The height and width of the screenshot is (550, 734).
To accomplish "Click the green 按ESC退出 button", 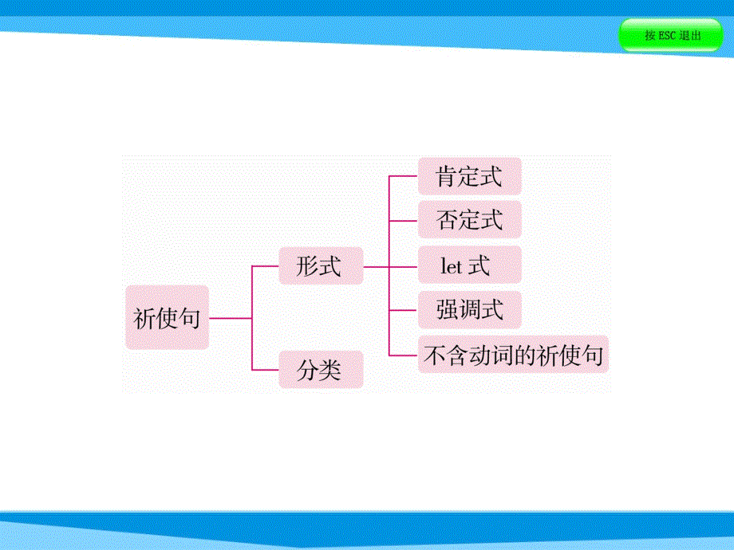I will (x=671, y=36).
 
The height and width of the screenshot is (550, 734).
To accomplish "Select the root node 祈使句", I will (x=167, y=318).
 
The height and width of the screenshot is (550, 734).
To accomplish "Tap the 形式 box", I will (x=320, y=265).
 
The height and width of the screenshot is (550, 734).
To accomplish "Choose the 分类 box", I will (x=320, y=371).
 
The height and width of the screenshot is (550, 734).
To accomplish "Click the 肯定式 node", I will (x=469, y=176).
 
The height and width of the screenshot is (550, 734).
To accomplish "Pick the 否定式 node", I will (x=469, y=219).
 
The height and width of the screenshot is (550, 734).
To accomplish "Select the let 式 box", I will (x=469, y=265).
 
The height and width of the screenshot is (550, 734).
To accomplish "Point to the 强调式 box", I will (x=469, y=309).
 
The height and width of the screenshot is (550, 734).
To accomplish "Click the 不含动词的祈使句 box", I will (x=513, y=355).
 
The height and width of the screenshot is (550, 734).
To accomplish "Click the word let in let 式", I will (x=452, y=265).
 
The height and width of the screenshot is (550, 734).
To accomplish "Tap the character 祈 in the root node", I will (x=144, y=319).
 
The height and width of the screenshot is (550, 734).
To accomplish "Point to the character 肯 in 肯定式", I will (x=447, y=177).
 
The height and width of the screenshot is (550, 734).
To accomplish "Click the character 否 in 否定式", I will (x=447, y=220).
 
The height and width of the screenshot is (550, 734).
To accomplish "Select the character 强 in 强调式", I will (x=447, y=309).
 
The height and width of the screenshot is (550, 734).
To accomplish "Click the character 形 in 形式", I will (x=308, y=266).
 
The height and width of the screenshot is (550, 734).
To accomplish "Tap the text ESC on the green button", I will (x=668, y=36).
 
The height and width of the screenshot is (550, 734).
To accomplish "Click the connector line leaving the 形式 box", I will (x=375, y=266).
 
